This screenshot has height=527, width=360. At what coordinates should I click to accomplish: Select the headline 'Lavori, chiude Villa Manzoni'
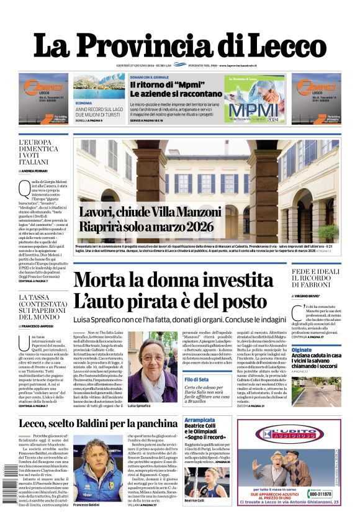pos(146,212)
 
